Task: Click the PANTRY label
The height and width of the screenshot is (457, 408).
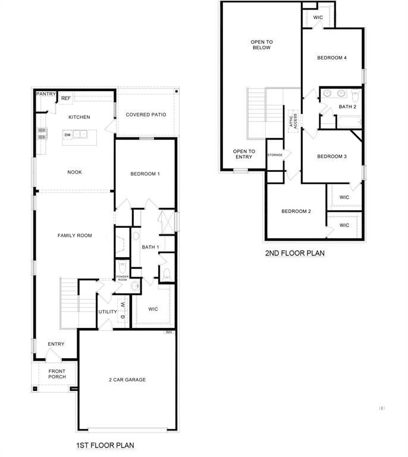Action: click(x=46, y=94)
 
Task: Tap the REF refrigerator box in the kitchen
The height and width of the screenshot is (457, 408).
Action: click(x=65, y=99)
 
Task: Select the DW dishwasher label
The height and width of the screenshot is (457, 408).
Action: click(x=68, y=135)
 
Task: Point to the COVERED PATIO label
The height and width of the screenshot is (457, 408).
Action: click(x=146, y=114)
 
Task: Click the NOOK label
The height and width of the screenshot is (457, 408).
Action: click(x=74, y=172)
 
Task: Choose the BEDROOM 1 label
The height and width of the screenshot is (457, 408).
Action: click(x=145, y=174)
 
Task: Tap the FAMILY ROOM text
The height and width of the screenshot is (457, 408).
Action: click(x=74, y=236)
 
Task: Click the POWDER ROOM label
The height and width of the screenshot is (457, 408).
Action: click(x=122, y=278)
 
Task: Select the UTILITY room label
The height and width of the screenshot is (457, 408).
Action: click(x=108, y=312)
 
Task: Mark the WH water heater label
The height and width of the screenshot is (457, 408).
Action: click(x=169, y=332)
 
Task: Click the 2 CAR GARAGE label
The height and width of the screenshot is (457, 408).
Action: click(x=127, y=380)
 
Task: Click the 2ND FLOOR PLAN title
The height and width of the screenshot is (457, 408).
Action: click(x=294, y=253)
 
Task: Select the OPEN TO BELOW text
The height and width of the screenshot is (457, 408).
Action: click(x=261, y=45)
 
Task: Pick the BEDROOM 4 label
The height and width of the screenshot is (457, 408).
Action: click(x=331, y=58)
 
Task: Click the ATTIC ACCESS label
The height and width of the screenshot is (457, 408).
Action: click(x=293, y=120)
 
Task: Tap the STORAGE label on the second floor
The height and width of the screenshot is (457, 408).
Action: click(x=275, y=155)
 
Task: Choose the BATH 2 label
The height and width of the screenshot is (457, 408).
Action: click(x=347, y=107)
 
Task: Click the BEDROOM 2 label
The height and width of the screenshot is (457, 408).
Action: click(x=296, y=211)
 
